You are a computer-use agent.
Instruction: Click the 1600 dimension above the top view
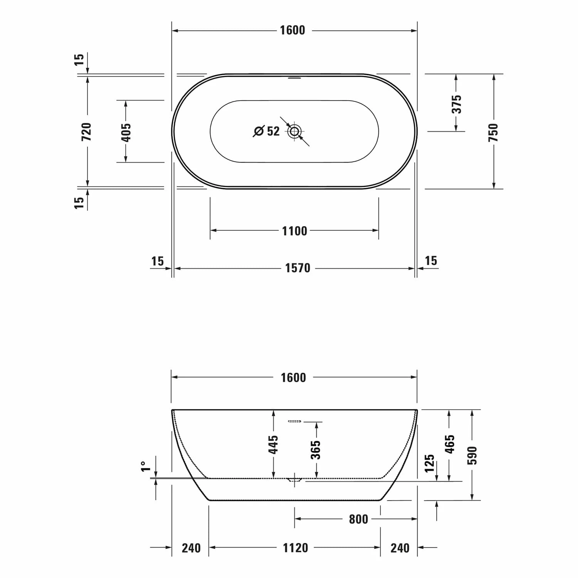[x=292, y=30]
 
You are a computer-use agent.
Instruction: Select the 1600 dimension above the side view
[x=293, y=378]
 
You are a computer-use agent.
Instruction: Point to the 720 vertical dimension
[x=87, y=131]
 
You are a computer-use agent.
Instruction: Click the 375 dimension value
[x=456, y=104]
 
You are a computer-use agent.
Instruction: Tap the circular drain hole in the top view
[x=294, y=131]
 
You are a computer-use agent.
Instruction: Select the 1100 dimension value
[x=294, y=231]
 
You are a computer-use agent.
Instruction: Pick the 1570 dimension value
[x=297, y=268]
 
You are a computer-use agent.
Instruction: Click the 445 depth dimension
[x=273, y=444]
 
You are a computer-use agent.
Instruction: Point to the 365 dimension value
[x=316, y=450]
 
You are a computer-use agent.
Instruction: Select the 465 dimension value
[x=450, y=444]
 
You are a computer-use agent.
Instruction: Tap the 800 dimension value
[x=358, y=519]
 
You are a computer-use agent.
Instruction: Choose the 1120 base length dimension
[x=295, y=548]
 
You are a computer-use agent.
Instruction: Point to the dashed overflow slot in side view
[x=294, y=422]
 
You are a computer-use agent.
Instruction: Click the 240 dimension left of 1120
[x=191, y=548]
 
